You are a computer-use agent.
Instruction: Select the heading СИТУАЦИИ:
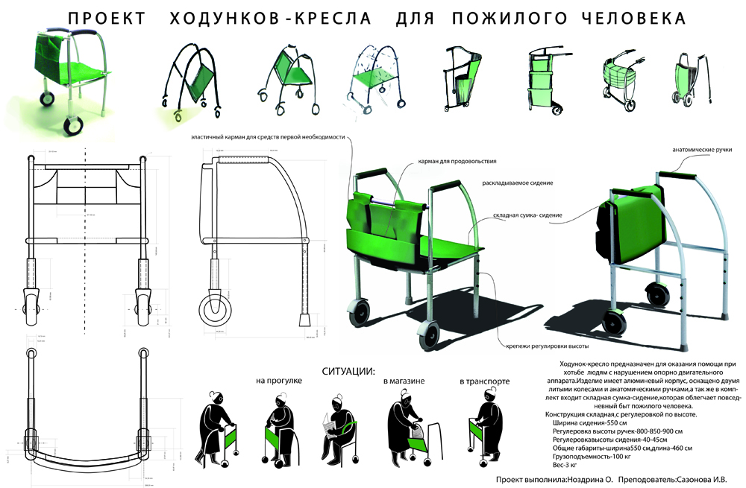pyautogui.click(x=348, y=370)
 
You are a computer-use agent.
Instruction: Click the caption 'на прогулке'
pyautogui.click(x=278, y=381)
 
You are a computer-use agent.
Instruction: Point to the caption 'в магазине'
pyautogui.click(x=404, y=381)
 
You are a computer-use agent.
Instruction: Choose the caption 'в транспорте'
pyautogui.click(x=486, y=381)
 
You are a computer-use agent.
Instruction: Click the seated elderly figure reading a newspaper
pyautogui.click(x=334, y=425)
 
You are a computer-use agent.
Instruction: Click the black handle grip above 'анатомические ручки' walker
pyautogui.click(x=675, y=174)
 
